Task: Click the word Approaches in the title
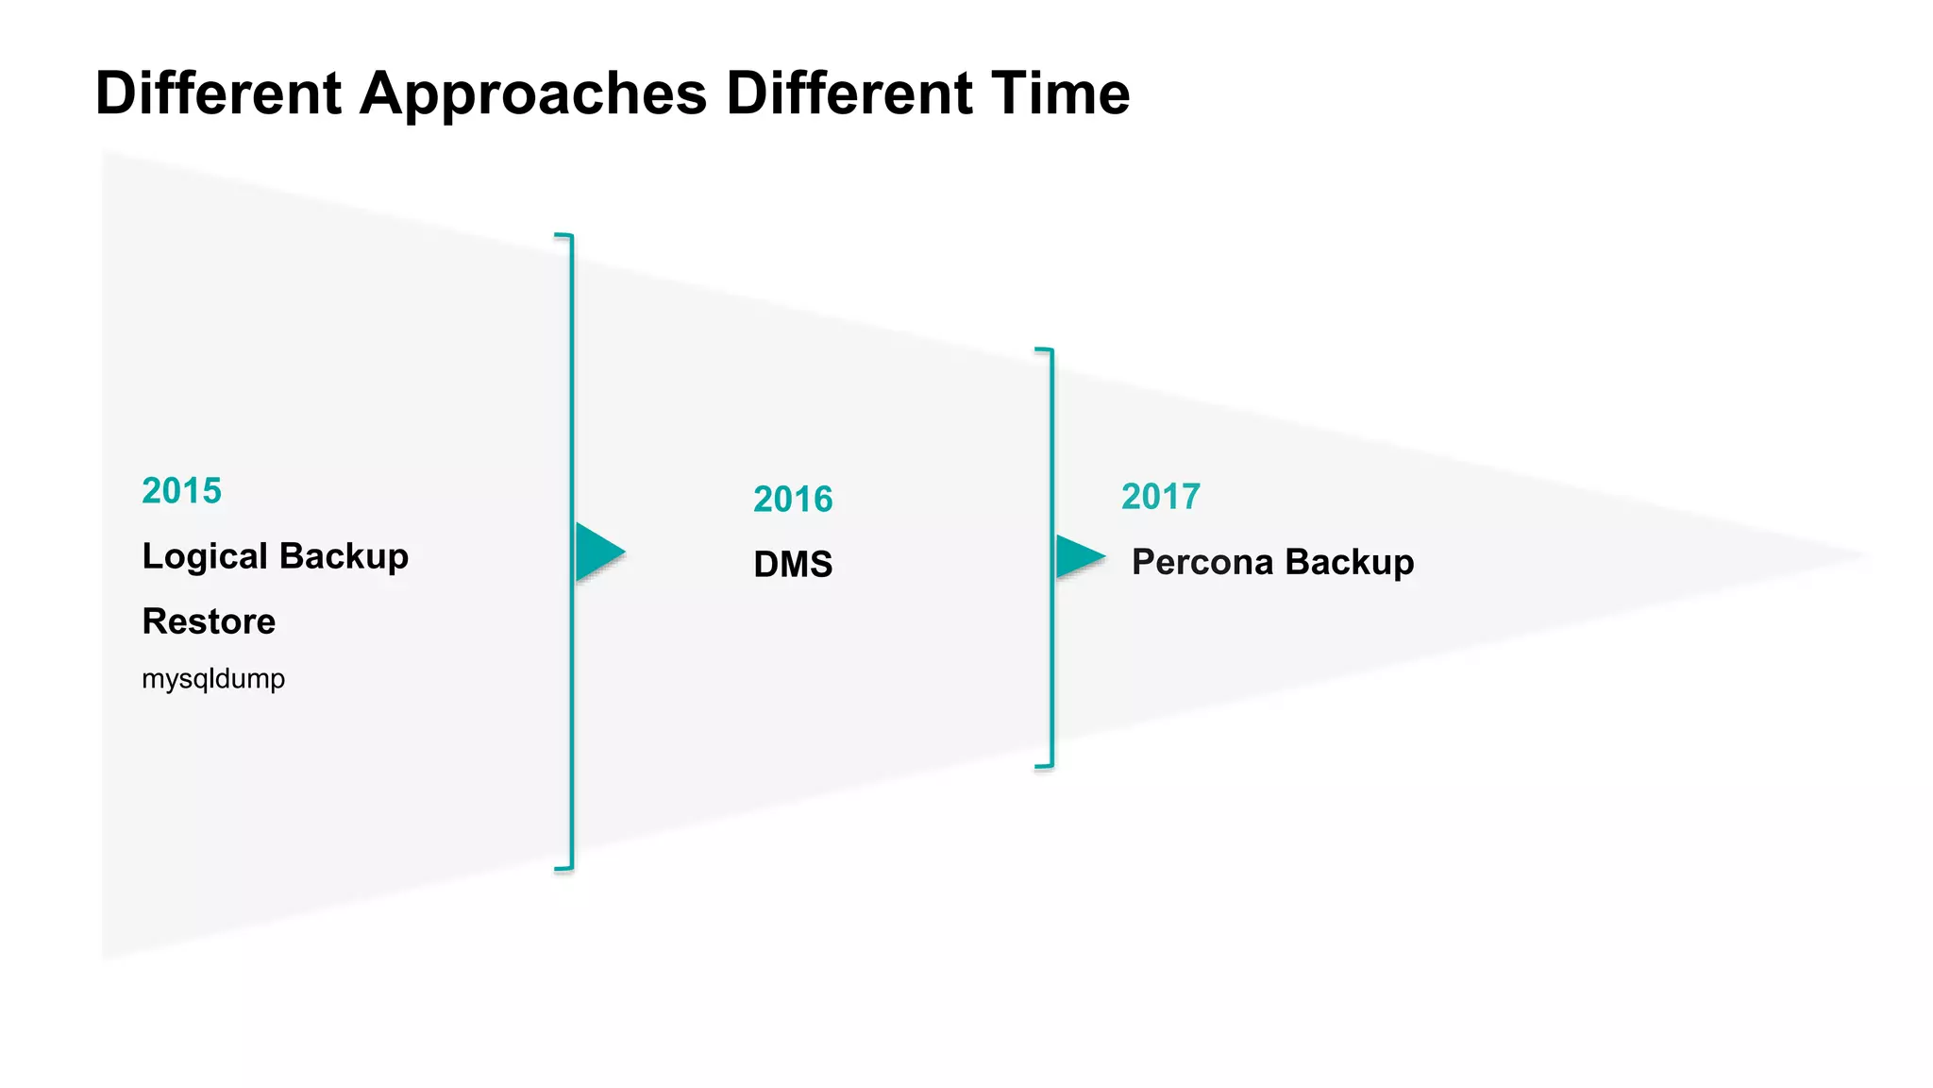tap(532, 94)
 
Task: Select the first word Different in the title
tap(218, 93)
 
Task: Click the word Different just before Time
tap(848, 93)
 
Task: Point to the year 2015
tap(181, 491)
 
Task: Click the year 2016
tap(793, 500)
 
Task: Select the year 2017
tap(1161, 497)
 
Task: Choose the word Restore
tap(209, 621)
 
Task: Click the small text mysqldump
tap(213, 678)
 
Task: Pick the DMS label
tap(793, 565)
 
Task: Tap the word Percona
tap(1202, 562)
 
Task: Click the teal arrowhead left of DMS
tap(598, 552)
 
